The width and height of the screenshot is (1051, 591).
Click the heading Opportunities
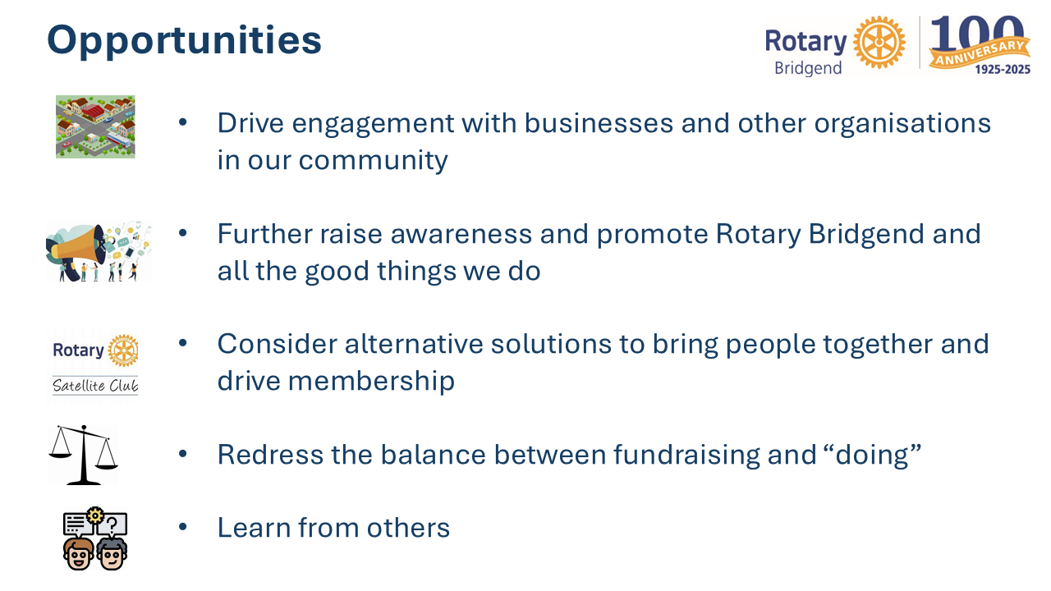pos(184,41)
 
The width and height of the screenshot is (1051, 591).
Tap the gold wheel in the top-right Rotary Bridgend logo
pos(879,42)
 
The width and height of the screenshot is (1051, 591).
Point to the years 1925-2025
pos(1003,70)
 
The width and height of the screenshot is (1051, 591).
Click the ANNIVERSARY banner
pos(980,53)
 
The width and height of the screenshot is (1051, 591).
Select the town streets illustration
pos(95,126)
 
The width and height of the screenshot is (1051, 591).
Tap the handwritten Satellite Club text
pos(95,386)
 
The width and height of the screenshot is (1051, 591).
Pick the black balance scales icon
pos(84,455)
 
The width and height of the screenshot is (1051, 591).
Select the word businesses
pos(599,123)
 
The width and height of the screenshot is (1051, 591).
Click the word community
pos(373,161)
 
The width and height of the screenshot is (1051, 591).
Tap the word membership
pos(371,380)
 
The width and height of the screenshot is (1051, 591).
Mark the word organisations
pos(902,124)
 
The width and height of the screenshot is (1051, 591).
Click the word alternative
pos(414,344)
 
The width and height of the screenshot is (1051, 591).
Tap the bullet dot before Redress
pos(183,454)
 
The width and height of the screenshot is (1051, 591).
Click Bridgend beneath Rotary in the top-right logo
pos(808,68)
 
